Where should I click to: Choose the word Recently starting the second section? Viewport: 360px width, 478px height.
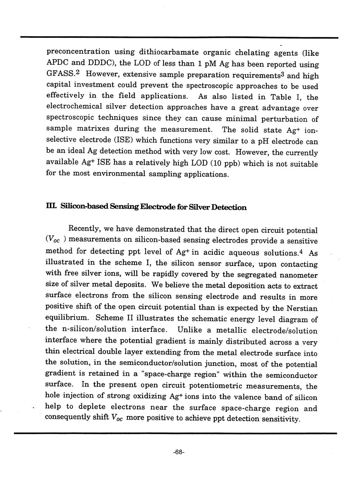(x=85, y=229)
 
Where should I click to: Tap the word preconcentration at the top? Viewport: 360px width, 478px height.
(x=78, y=52)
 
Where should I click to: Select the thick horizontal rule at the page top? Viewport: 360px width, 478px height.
(x=179, y=37)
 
